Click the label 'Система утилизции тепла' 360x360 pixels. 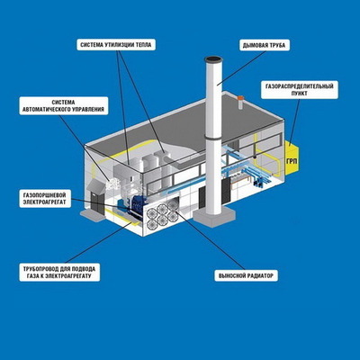(x=116, y=45)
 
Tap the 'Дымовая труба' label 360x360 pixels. (x=265, y=46)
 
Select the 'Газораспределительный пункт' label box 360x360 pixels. (x=300, y=90)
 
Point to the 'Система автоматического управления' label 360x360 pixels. (x=63, y=106)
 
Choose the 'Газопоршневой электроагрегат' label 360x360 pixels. (x=46, y=198)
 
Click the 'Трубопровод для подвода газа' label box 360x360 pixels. (x=59, y=272)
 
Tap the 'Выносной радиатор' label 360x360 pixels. (x=246, y=275)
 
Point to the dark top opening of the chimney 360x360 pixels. (x=214, y=59)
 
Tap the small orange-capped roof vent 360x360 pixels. (x=240, y=103)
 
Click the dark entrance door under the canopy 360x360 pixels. (x=97, y=204)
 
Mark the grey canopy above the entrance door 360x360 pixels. (x=95, y=186)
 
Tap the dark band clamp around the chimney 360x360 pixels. (x=213, y=139)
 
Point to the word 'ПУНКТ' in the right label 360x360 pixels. (x=300, y=94)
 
